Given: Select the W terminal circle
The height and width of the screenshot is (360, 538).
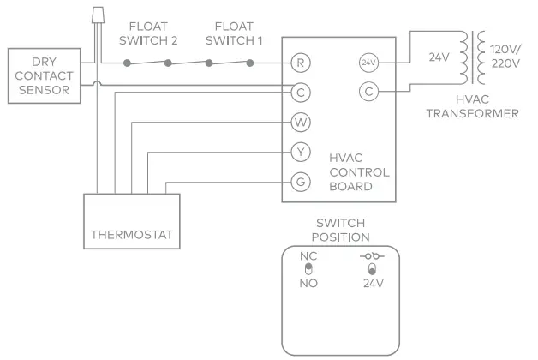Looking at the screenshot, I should (x=300, y=122).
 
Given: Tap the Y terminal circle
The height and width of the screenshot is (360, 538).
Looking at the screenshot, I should (x=300, y=153).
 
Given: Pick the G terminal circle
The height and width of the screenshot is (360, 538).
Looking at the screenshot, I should (x=300, y=182).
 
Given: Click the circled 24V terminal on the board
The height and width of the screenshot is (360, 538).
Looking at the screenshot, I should (x=368, y=63).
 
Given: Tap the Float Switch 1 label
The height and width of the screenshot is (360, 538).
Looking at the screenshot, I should (x=234, y=33).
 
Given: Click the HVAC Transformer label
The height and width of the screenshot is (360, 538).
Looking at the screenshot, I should (x=472, y=105).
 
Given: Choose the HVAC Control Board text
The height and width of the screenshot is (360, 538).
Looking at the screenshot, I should (x=359, y=171).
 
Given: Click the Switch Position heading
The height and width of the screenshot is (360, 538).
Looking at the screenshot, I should (x=343, y=230).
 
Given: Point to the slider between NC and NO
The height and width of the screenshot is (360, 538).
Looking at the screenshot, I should (x=308, y=269).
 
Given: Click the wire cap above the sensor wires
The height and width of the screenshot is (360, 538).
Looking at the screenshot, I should (x=97, y=15).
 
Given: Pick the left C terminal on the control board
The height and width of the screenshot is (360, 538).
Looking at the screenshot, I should (x=300, y=91).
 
